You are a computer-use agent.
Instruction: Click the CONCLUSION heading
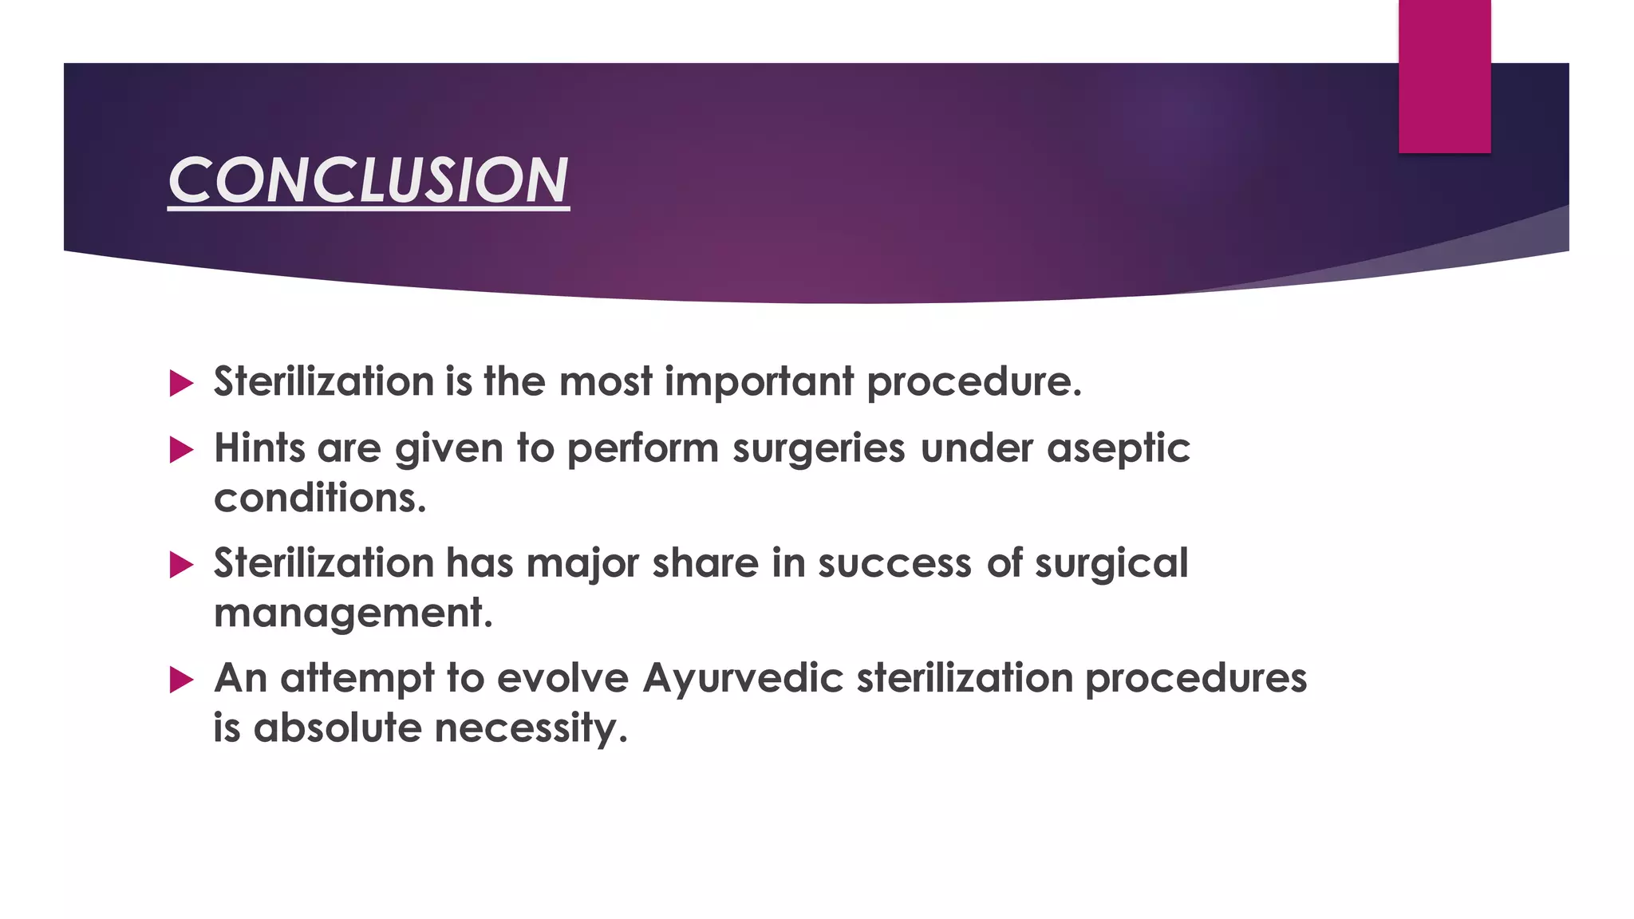[x=368, y=180]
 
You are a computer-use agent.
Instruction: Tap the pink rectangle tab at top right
[x=1444, y=77]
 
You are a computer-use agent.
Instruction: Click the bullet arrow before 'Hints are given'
[x=182, y=451]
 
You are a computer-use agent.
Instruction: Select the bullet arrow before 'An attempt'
[x=182, y=680]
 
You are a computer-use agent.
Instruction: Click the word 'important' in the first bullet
[x=759, y=382]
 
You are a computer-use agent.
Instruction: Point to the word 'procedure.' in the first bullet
[x=974, y=382]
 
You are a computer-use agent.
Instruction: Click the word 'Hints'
[x=259, y=448]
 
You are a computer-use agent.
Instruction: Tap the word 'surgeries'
[x=819, y=448]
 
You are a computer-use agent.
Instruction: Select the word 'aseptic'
[x=1118, y=448]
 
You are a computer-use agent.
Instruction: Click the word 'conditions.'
[x=320, y=499]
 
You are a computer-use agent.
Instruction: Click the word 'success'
[x=894, y=563]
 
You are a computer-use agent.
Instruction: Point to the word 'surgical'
[x=1111, y=563]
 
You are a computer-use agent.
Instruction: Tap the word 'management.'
[x=353, y=613]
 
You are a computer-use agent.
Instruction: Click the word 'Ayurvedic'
[x=743, y=678]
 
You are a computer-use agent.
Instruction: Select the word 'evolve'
[x=562, y=678]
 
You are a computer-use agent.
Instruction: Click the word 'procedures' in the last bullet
[x=1195, y=678]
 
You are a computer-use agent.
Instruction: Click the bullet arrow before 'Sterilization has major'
[x=182, y=566]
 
